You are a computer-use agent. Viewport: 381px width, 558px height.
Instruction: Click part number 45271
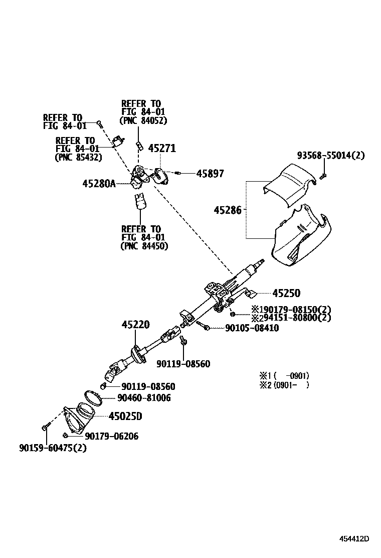(x=162, y=148)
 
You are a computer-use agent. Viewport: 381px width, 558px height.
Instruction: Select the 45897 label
(x=210, y=174)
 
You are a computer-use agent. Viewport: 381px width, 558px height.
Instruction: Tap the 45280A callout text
(x=99, y=184)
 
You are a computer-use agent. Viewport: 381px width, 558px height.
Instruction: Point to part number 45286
(x=229, y=210)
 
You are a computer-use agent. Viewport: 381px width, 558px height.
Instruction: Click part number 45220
(x=135, y=325)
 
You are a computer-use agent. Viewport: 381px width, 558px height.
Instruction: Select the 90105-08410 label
(x=245, y=328)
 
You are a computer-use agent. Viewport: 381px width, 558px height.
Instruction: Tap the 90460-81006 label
(x=144, y=398)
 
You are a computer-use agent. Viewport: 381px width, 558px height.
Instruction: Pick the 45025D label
(x=125, y=416)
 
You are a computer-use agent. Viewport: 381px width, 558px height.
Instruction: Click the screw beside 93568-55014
(x=323, y=175)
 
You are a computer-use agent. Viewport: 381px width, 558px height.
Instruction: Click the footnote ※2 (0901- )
(x=284, y=385)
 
